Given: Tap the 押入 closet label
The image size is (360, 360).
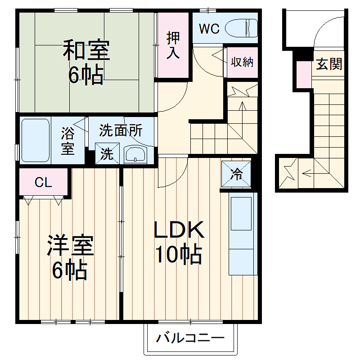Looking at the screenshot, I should point(173,45).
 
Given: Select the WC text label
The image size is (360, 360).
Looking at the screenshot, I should point(209,29).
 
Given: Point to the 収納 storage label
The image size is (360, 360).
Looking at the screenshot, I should point(242,62).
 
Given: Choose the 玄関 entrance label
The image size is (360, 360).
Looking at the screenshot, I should point(329,64).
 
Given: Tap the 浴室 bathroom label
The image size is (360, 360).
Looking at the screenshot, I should point(68,140).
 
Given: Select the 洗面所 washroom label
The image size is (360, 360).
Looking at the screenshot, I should point(121,130).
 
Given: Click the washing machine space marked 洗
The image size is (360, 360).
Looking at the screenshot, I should point(107,154).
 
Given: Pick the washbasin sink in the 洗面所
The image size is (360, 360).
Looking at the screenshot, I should point(135,155).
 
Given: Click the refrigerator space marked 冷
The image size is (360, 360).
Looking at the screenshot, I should point(235,173).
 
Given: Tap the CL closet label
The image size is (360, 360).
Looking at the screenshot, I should point(43,182).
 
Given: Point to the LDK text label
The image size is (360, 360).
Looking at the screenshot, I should point(179,230).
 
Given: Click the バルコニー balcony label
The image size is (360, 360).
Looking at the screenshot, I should point(190,338).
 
